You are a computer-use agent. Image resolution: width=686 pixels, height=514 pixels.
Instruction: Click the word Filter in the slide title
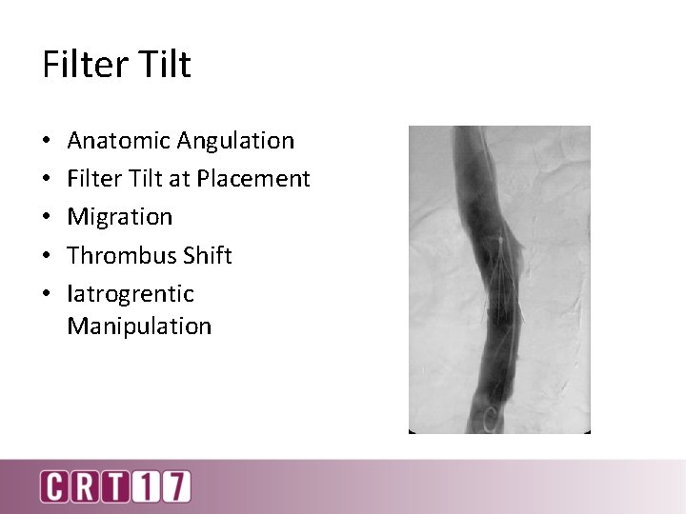[85, 65]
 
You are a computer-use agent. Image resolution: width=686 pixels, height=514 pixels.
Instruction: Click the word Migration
[120, 217]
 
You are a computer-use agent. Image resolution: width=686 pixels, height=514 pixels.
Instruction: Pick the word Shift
[208, 255]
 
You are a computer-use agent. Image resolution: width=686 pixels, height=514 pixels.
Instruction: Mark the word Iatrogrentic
[131, 294]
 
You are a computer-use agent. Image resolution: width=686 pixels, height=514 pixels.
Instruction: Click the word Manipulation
[139, 326]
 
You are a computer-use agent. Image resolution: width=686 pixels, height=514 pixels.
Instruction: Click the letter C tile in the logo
[54, 486]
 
